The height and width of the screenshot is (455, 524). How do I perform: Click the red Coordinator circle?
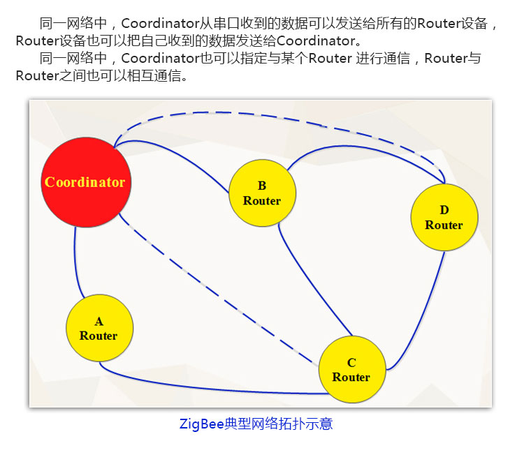86,182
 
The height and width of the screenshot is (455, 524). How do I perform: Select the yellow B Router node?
262,193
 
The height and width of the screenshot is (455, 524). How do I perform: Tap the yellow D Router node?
444,217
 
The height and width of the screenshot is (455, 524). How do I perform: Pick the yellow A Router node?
100,328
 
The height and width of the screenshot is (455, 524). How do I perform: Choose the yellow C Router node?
352,369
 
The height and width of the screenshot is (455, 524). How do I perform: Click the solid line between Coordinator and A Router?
75,264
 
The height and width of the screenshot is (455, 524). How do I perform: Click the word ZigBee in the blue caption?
201,424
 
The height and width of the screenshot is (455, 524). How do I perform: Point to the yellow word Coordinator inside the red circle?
85,182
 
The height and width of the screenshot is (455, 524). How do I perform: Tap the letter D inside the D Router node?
444,210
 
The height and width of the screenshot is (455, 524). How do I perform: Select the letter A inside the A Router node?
99,321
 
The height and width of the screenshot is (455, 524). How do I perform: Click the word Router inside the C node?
351,377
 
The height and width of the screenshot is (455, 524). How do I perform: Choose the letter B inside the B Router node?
262,186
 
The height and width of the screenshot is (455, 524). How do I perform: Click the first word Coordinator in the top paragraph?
161,23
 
